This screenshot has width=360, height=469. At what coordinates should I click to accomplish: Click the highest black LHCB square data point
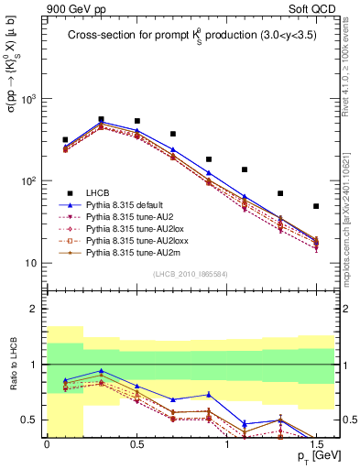click(101, 119)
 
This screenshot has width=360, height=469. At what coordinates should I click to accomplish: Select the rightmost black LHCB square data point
click(316, 206)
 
